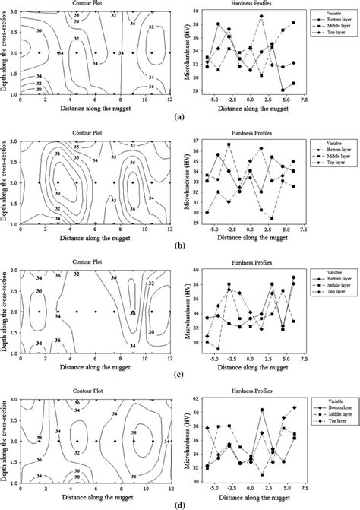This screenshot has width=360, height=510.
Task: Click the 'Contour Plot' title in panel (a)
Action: pyautogui.click(x=93, y=5)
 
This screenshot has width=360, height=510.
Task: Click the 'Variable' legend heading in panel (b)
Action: pyautogui.click(x=328, y=143)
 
